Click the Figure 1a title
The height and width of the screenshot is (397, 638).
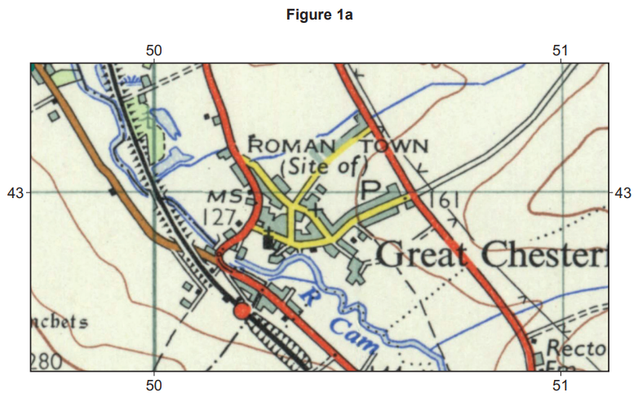click(x=319, y=14)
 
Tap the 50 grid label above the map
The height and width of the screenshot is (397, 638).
click(x=154, y=50)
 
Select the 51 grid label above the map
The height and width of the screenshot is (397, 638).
click(x=560, y=50)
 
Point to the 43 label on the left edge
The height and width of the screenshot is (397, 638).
click(x=16, y=193)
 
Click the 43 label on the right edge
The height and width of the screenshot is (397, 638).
click(x=622, y=193)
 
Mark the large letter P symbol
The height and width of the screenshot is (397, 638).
click(x=372, y=189)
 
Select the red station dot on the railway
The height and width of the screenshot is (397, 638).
click(x=241, y=311)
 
